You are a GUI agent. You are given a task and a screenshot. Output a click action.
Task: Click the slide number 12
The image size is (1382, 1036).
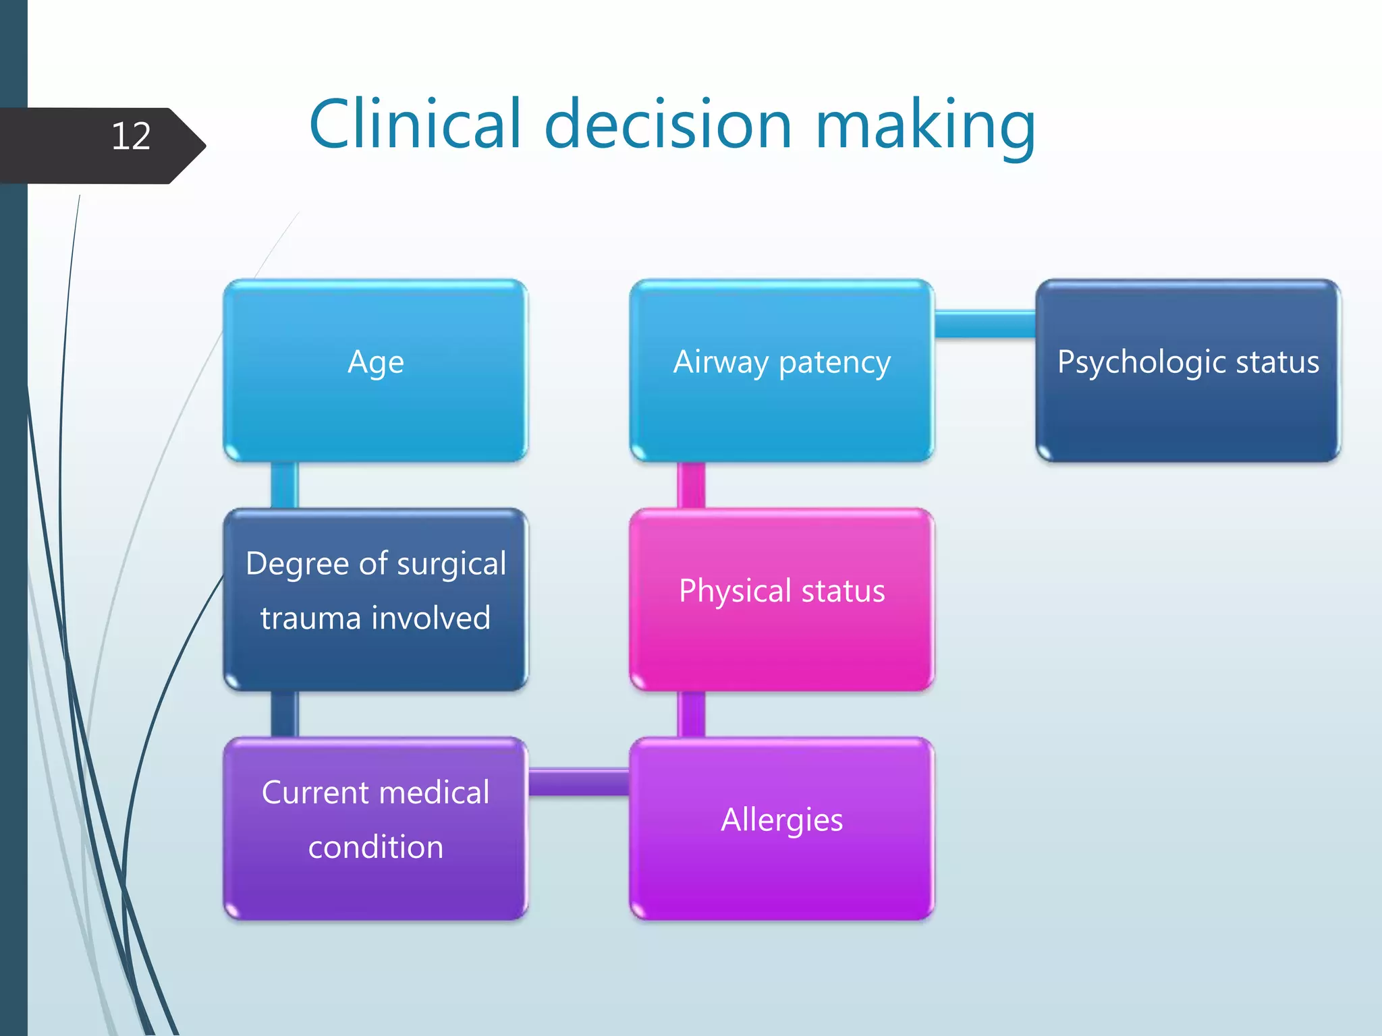[131, 137]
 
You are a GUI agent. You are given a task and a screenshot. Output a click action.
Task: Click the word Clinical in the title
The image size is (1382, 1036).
[415, 124]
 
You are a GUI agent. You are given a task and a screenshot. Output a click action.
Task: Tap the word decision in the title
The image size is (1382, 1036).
[668, 124]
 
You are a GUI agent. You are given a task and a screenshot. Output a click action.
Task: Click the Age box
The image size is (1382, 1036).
[375, 371]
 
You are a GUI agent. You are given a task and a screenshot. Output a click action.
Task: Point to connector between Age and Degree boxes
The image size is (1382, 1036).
[284, 484]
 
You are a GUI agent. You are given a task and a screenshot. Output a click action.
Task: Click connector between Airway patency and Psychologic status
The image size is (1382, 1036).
[985, 324]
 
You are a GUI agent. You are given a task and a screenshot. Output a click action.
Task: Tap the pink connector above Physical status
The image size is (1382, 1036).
[691, 484]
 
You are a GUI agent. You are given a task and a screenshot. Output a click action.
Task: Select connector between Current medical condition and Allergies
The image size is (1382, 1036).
[578, 782]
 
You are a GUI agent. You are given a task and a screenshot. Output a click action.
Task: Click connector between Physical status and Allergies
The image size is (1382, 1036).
[691, 714]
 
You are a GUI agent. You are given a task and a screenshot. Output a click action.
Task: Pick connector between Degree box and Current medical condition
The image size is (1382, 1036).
[284, 714]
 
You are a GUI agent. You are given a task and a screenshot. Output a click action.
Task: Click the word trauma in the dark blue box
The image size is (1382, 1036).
[310, 618]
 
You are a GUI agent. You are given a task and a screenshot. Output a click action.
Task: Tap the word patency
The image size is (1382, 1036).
[835, 363]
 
